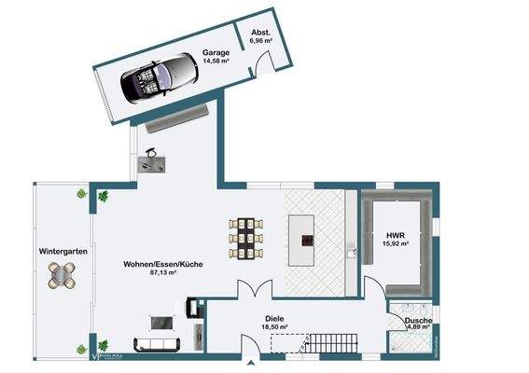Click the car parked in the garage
(x=159, y=76)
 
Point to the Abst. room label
(x=260, y=31)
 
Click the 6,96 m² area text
(x=260, y=40)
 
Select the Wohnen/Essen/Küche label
(x=163, y=265)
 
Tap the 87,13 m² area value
(x=163, y=274)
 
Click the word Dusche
(x=418, y=322)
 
